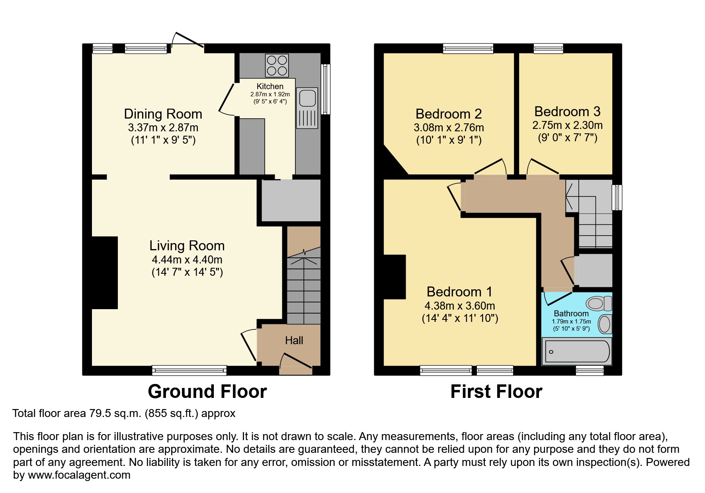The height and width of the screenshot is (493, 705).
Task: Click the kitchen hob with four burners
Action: tap(277, 66)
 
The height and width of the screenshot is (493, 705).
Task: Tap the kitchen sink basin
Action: tap(307, 98)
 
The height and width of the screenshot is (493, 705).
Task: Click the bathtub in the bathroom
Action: tap(577, 352)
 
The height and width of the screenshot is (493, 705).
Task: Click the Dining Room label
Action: tap(163, 114)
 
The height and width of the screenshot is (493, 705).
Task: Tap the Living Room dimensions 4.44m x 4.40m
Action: tap(187, 260)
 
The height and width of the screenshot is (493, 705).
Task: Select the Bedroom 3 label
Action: tap(567, 111)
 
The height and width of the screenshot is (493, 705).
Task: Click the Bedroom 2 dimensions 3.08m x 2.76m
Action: tap(449, 128)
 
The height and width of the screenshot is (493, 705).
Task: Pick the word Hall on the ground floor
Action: tap(294, 341)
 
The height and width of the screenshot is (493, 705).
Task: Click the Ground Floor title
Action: tap(207, 392)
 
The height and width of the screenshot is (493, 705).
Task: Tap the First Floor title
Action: tap(496, 392)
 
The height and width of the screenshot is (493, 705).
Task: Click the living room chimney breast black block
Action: tap(105, 273)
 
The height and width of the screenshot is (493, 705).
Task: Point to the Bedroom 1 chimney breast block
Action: tap(394, 277)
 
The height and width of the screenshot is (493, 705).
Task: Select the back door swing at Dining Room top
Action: tap(187, 41)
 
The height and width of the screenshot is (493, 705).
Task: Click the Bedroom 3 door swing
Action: tap(543, 167)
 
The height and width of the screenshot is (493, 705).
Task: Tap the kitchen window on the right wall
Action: tap(326, 90)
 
